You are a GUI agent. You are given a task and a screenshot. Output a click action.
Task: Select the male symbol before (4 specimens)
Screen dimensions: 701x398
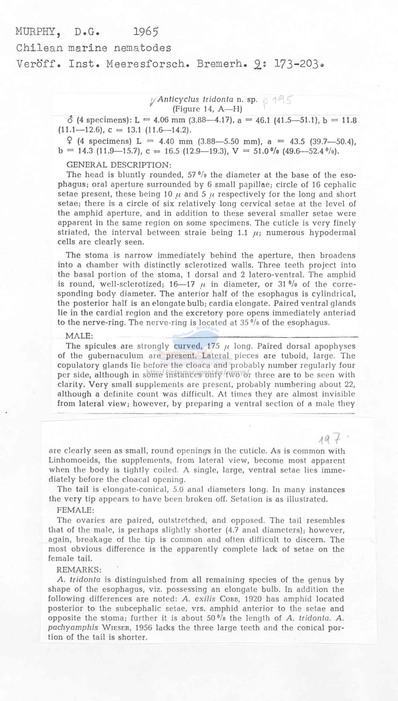pyautogui.click(x=70, y=120)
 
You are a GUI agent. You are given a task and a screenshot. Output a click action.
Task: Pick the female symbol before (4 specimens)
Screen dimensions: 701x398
pyautogui.click(x=70, y=141)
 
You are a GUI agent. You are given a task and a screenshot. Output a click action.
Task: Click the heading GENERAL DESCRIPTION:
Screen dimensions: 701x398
pyautogui.click(x=119, y=165)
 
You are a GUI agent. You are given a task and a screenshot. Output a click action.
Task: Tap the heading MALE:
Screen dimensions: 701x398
pyautogui.click(x=79, y=336)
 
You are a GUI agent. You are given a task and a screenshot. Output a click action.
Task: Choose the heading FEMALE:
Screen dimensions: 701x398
pyautogui.click(x=75, y=510)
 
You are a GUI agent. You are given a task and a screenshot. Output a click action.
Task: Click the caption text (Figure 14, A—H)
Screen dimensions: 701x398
pyautogui.click(x=207, y=109)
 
